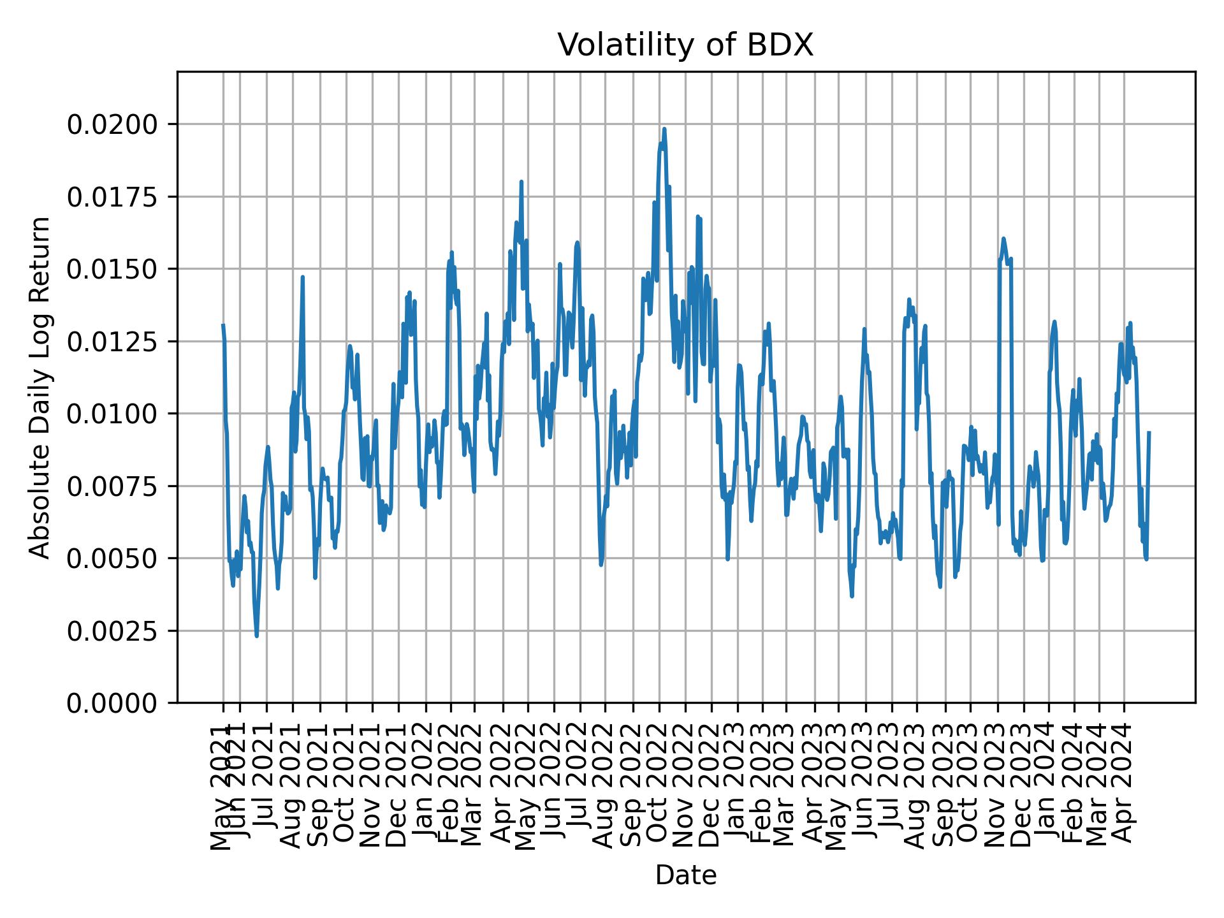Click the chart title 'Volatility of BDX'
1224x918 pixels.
pyautogui.click(x=685, y=45)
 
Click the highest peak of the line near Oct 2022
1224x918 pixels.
pyautogui.click(x=664, y=129)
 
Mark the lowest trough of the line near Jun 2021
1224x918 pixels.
pyautogui.click(x=256, y=636)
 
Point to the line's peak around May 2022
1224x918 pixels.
pyautogui.click(x=521, y=182)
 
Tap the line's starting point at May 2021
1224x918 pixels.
pyautogui.click(x=223, y=325)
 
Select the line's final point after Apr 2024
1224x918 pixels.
pyautogui.click(x=1149, y=432)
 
